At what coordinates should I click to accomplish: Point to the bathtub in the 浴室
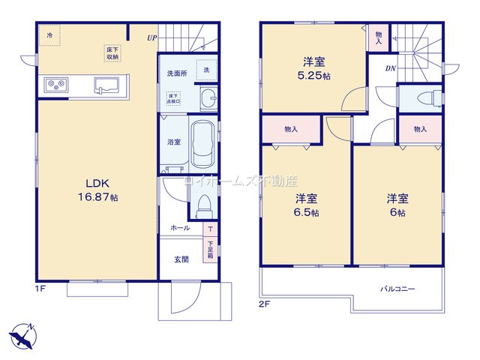(x=202, y=143)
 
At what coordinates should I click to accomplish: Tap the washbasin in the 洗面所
(x=210, y=96)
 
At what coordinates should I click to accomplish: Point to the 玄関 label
(x=181, y=259)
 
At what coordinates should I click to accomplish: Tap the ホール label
(x=180, y=228)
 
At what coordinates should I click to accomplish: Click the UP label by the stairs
(x=151, y=37)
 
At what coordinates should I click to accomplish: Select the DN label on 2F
(x=391, y=69)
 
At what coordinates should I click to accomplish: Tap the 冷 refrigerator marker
(x=49, y=34)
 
